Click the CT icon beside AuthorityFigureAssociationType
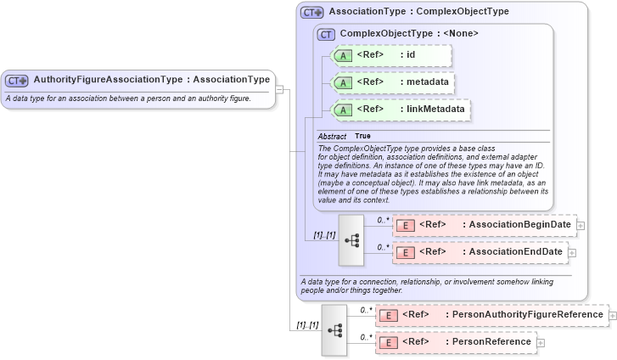coord(17,80)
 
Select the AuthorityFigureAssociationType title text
coord(109,80)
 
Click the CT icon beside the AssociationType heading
coord(312,13)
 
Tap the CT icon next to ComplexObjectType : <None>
coord(327,34)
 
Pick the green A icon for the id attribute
coord(343,56)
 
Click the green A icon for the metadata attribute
coord(343,82)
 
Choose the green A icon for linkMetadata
coord(343,110)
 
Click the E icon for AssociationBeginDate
coord(405,225)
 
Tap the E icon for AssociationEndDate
coord(405,252)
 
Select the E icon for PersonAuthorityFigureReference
coord(388,315)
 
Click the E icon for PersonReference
coord(388,342)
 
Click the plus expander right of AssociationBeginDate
coord(581,225)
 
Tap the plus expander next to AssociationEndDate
coord(572,252)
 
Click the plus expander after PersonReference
coord(541,342)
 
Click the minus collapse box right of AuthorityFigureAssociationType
coord(279,88)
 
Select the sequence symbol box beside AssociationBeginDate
coord(351,239)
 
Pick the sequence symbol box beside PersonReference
coord(334,329)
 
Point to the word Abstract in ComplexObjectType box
coord(332,136)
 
